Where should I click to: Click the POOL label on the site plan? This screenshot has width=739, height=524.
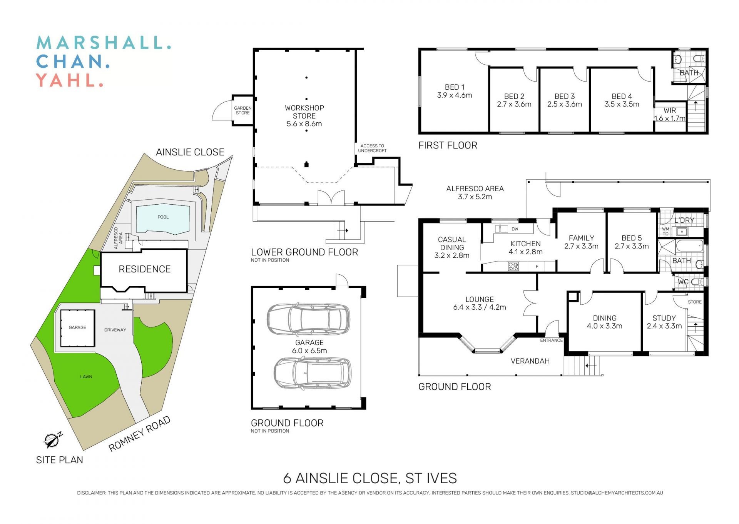(163, 217)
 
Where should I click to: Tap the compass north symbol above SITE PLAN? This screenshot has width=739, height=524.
(52, 440)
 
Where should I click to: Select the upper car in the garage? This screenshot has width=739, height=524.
(308, 319)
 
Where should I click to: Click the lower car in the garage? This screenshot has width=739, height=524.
(313, 373)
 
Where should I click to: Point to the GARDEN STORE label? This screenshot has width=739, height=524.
(243, 110)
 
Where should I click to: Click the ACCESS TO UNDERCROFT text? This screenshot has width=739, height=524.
(372, 148)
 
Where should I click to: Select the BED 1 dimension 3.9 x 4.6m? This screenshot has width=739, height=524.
(455, 95)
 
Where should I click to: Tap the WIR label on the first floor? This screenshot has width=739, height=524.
(670, 110)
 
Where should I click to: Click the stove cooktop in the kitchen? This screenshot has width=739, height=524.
(513, 266)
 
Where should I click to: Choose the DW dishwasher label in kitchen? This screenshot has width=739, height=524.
(515, 229)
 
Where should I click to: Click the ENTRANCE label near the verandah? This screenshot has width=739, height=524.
(551, 340)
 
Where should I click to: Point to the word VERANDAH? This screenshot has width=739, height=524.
(530, 361)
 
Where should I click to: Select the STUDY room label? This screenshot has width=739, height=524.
(664, 318)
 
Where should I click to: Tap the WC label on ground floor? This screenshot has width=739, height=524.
(683, 282)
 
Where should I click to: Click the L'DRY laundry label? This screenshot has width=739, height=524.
(684, 220)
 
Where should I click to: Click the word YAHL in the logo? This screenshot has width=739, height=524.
(69, 80)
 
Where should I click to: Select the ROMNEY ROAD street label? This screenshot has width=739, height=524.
(139, 434)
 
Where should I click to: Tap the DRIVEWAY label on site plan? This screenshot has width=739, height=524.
(115, 330)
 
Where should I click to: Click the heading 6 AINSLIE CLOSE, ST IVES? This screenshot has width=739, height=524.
(370, 478)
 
